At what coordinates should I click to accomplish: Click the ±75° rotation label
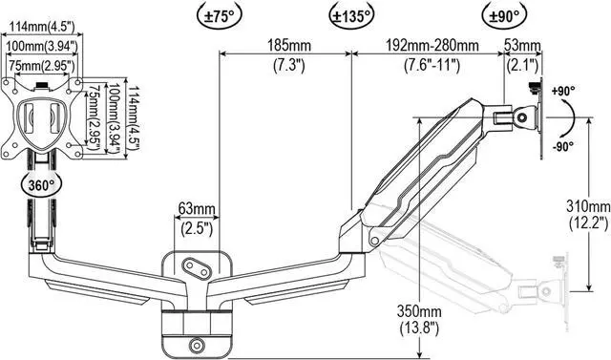click(x=220, y=16)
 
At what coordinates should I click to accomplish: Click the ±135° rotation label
click(x=351, y=16)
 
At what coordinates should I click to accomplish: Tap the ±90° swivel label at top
click(x=504, y=16)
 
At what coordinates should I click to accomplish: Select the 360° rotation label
click(x=42, y=185)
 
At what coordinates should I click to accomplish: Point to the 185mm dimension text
click(x=288, y=46)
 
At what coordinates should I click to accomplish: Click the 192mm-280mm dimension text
click(x=432, y=46)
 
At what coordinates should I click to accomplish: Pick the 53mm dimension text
click(x=522, y=46)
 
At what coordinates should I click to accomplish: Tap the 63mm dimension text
click(x=197, y=209)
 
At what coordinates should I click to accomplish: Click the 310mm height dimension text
click(x=588, y=205)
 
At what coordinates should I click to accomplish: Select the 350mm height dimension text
click(x=419, y=311)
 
